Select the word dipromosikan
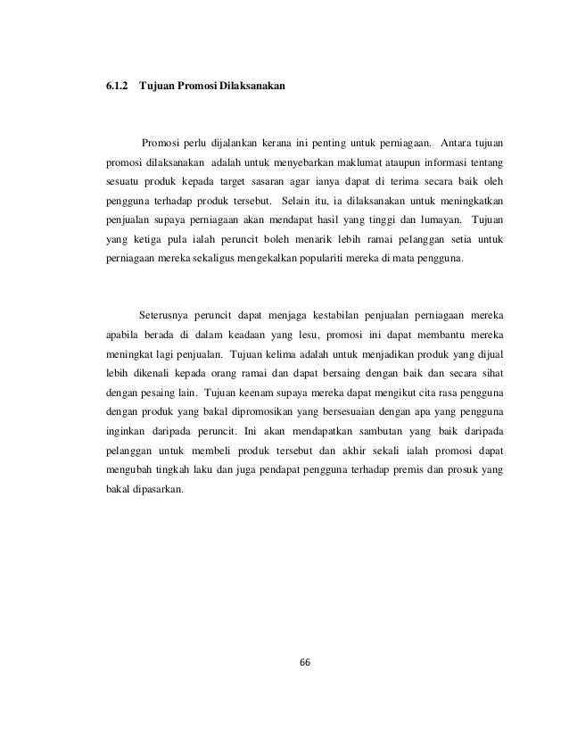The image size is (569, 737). (261, 412)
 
